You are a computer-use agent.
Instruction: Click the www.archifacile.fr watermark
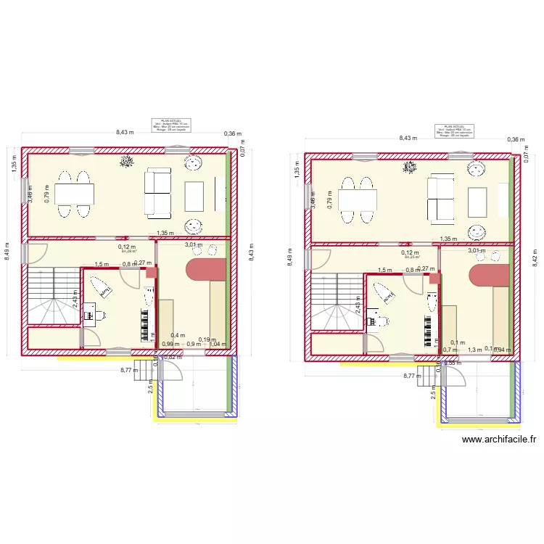click(498, 439)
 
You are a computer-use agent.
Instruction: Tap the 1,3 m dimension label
click(474, 350)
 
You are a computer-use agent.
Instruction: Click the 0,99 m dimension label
click(170, 345)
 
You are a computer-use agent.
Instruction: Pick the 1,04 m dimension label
click(217, 345)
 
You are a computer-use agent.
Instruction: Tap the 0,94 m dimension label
click(503, 350)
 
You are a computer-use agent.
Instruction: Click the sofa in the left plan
click(157, 193)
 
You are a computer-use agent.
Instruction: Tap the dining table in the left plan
click(74, 194)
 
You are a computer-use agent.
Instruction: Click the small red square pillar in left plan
click(151, 272)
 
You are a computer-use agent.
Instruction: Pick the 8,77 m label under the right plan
click(412, 376)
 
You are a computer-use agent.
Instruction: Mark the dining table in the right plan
click(357, 199)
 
